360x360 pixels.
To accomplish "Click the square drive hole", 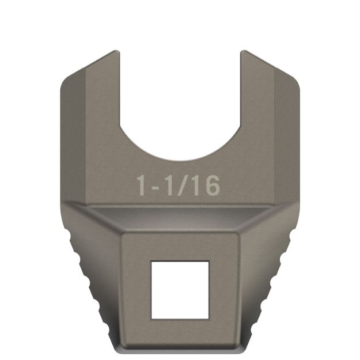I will coord(179,290).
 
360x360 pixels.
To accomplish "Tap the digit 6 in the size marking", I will coord(212,185).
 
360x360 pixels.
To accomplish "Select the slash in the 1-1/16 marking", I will coord(184,185).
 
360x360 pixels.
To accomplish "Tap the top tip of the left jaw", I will coord(115,53).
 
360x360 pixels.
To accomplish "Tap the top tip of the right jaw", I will coord(244,53).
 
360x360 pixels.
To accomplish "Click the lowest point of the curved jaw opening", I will coord(180,160).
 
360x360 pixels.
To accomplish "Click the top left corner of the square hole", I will coord(152,262).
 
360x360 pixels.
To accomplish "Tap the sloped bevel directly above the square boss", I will coord(180,220).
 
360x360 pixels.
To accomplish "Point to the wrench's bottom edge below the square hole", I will coord(179,349).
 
